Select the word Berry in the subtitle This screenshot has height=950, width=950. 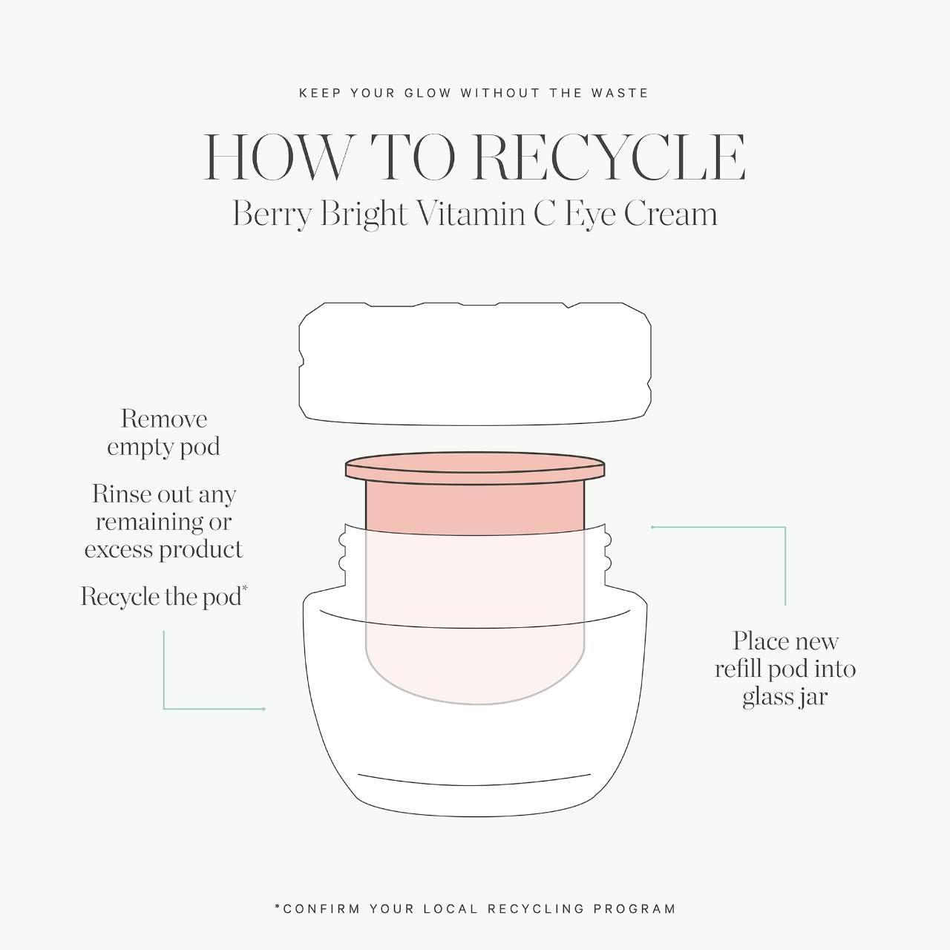[272, 215]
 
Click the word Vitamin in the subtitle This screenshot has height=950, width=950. [472, 214]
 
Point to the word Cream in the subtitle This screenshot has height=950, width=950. [670, 214]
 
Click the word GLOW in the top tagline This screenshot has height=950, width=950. [427, 94]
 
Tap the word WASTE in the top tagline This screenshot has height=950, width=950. [620, 94]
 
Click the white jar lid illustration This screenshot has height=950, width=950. [475, 364]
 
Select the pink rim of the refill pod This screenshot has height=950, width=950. [475, 468]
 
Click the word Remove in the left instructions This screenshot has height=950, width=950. [164, 419]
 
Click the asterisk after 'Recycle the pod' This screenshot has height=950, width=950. [244, 588]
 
